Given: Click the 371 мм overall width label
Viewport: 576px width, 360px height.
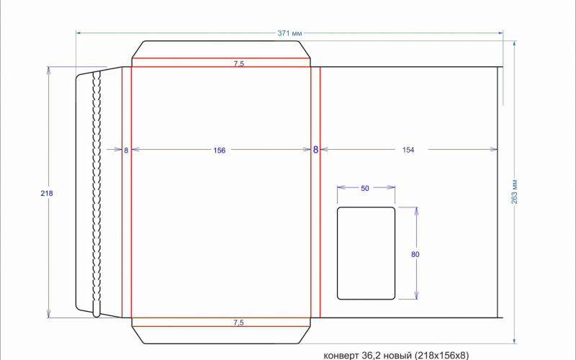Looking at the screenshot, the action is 290,33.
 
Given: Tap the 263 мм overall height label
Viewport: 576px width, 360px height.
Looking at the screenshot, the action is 514,192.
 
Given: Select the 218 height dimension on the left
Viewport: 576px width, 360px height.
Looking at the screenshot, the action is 47,193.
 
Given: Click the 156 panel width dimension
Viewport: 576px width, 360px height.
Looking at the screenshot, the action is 220,150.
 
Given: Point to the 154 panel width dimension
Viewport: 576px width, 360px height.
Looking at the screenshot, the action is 408,150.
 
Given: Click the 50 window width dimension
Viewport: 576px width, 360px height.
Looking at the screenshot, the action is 365,189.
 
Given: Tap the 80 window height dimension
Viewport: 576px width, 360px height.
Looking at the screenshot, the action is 415,254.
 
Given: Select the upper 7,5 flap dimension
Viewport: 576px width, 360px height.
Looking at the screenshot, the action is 239,63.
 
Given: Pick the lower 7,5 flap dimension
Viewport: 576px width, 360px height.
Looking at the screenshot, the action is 238,323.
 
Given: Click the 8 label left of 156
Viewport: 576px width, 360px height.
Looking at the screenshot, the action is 126,150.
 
